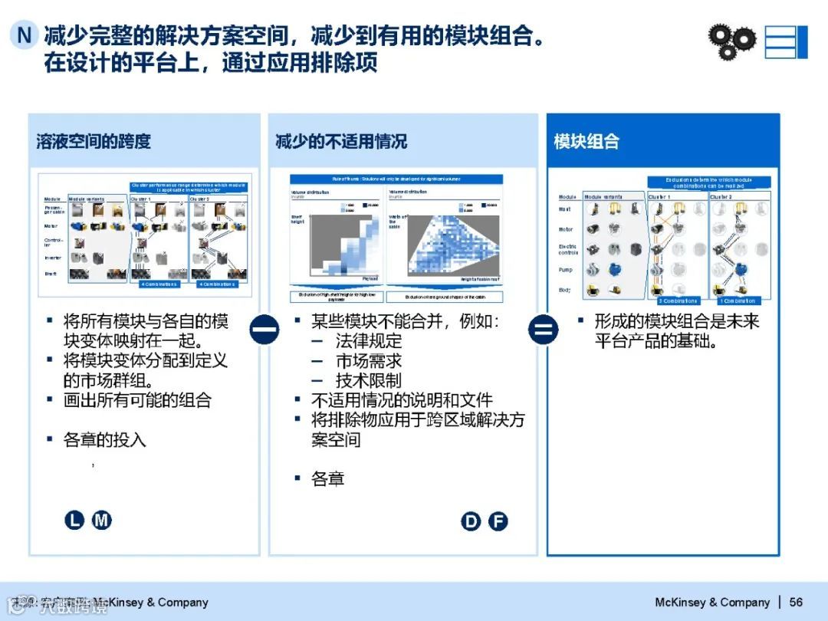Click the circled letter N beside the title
(x=25, y=35)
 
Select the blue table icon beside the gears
(x=786, y=41)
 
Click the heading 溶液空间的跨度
(x=94, y=141)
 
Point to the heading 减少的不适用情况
(x=341, y=141)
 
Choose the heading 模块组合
(x=586, y=141)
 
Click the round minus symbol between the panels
(x=264, y=330)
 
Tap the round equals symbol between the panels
(x=543, y=330)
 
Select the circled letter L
(x=74, y=521)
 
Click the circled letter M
(x=102, y=521)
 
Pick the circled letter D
(x=471, y=522)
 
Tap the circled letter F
(x=498, y=522)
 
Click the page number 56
(x=796, y=602)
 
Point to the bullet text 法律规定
(x=368, y=341)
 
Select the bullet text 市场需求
(x=368, y=361)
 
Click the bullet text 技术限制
(x=368, y=381)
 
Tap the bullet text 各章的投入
(x=104, y=440)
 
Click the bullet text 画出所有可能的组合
(x=137, y=400)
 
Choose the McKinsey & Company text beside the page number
(x=712, y=602)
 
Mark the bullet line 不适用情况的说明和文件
(x=402, y=400)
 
